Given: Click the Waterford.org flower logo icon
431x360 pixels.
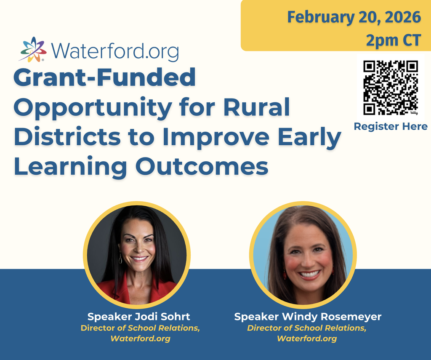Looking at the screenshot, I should click(32, 50).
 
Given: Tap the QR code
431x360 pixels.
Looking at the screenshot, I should click(391, 87).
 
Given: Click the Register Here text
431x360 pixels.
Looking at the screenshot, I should click(391, 126).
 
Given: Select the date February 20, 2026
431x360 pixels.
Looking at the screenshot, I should click(354, 17).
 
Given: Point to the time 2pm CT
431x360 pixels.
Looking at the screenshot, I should click(393, 40).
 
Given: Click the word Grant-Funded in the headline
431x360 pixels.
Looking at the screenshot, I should click(104, 78).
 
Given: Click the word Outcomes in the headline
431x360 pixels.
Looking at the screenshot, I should click(202, 167).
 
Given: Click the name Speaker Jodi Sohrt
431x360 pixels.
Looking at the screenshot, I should click(139, 317).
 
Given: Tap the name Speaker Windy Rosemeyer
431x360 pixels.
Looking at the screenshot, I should click(308, 317).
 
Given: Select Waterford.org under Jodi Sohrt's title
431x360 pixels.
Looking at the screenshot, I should click(140, 339).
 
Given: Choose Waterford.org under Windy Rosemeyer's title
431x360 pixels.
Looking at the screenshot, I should click(307, 339).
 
